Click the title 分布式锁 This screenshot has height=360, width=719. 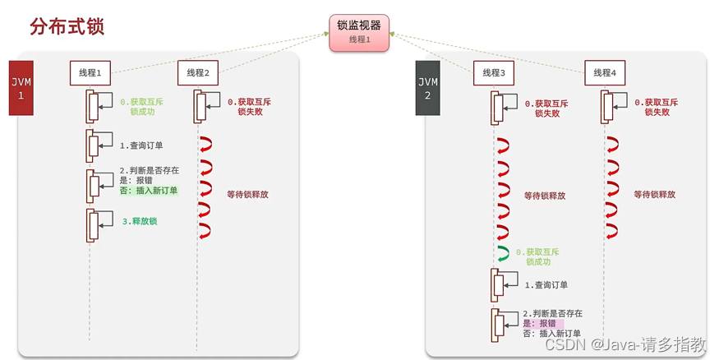(67, 26)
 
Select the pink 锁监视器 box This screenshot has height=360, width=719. (359, 33)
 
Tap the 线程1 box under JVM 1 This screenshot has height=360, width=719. (90, 73)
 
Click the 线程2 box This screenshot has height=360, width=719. (198, 73)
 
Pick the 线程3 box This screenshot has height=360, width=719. (494, 73)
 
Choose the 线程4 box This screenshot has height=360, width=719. (605, 73)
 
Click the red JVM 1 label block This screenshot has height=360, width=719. (21, 88)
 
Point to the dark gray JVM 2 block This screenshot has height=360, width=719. (428, 88)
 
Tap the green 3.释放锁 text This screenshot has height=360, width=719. (140, 221)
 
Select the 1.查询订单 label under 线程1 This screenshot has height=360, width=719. (141, 145)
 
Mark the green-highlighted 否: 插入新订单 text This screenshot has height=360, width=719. (149, 191)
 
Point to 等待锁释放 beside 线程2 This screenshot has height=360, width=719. (247, 195)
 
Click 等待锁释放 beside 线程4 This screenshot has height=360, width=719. (654, 195)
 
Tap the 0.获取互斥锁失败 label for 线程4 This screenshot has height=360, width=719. (657, 107)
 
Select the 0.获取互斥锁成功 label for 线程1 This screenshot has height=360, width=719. (141, 106)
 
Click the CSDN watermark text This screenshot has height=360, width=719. (625, 344)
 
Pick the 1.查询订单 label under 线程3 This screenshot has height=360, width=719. (546, 284)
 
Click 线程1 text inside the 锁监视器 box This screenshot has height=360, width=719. (360, 39)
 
